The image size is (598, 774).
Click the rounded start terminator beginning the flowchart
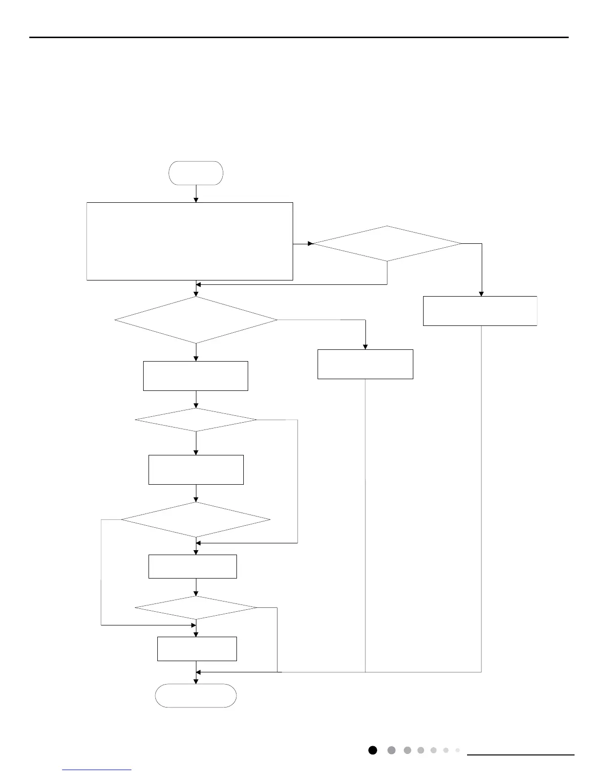(196, 173)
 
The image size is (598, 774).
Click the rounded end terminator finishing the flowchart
(196, 695)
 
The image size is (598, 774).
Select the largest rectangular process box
(190, 241)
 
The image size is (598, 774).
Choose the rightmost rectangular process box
(480, 311)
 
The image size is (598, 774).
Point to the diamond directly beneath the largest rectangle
(196, 320)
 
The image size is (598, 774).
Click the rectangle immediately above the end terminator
(197, 649)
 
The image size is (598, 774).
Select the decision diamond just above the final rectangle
(196, 608)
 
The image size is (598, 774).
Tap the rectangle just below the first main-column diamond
(195, 376)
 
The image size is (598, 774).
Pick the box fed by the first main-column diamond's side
(365, 364)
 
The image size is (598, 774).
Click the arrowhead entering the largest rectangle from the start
(196, 199)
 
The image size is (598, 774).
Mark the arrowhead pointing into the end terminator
(196, 681)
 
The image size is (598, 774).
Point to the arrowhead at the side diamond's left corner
(310, 243)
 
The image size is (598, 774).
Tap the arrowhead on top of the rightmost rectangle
(481, 294)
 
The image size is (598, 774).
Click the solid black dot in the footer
(373, 750)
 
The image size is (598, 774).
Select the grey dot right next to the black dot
(391, 750)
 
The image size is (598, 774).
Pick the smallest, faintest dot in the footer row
(458, 750)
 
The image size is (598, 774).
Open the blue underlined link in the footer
(97, 770)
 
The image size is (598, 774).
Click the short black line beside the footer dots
(521, 755)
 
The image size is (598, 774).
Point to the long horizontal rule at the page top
(299, 37)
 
